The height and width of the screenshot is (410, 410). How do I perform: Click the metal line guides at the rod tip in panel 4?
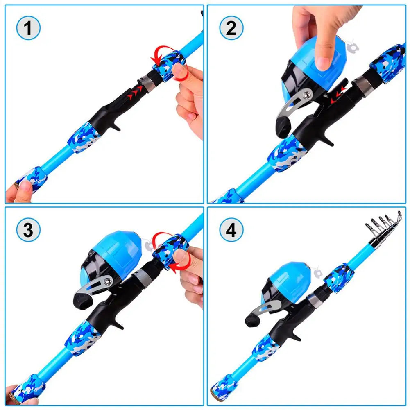[x=383, y=223]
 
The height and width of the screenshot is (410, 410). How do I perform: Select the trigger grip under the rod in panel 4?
[x=296, y=334]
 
